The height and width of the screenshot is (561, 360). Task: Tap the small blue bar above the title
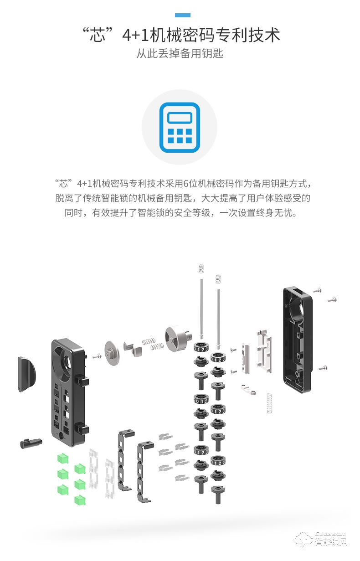point(182,15)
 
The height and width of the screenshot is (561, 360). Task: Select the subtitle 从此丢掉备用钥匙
point(180,54)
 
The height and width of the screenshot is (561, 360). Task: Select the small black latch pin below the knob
point(31,443)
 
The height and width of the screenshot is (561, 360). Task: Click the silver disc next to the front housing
point(111,351)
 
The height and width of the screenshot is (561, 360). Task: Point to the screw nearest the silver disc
point(97,356)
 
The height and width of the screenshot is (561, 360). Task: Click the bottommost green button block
point(80,499)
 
